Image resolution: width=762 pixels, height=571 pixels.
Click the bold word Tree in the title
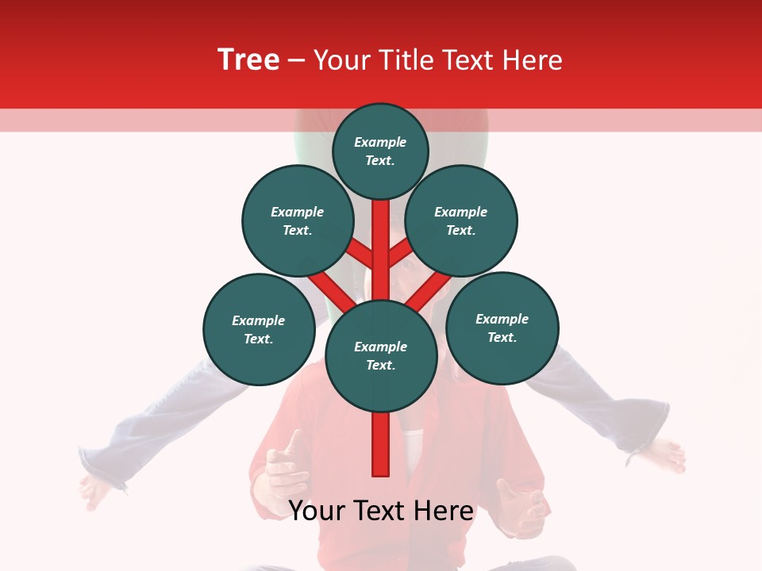[248, 60]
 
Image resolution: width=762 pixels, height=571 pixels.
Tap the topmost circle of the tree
[380, 151]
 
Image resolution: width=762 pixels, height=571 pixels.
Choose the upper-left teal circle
[298, 220]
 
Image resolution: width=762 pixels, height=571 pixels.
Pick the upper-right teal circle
[461, 220]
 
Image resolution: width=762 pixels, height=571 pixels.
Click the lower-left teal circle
[259, 329]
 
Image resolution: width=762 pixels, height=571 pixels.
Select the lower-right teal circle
[502, 328]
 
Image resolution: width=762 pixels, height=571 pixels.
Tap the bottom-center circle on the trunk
[381, 356]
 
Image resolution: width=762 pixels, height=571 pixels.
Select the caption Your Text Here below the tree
[381, 511]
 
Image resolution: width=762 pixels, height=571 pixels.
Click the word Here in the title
[533, 60]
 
